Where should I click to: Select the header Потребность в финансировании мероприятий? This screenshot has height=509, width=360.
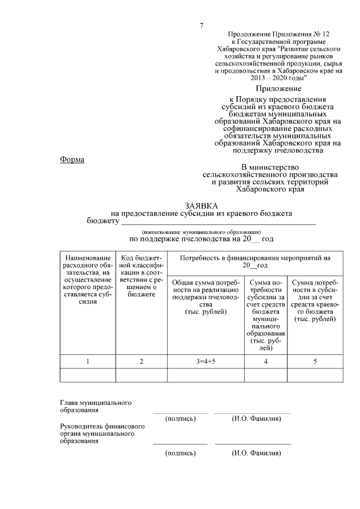tap(255, 262)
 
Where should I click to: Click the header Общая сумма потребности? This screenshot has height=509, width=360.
tap(205, 297)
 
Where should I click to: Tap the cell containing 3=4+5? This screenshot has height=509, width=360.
tap(205, 362)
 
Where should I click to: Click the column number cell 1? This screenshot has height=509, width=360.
tap(88, 362)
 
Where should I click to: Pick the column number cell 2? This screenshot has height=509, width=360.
tap(141, 362)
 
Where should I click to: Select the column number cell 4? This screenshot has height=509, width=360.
tap(265, 362)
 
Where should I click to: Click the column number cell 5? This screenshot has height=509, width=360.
tap(315, 362)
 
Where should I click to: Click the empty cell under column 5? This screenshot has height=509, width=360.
tap(315, 375)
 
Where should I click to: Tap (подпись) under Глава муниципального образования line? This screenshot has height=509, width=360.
tap(180, 419)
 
